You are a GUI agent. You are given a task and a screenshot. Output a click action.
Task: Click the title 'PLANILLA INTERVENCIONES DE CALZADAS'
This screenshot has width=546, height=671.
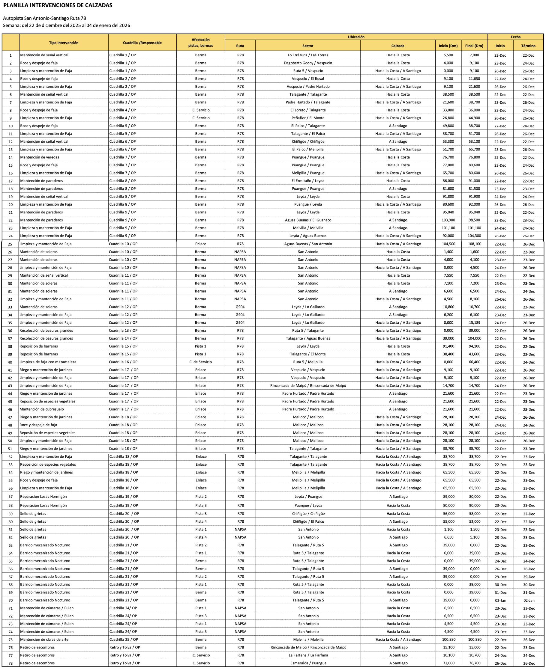coord(58,5)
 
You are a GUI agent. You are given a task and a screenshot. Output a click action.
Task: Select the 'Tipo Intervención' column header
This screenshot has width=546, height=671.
coord(64,43)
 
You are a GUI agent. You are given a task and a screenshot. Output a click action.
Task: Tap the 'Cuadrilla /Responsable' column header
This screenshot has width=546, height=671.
coord(142,43)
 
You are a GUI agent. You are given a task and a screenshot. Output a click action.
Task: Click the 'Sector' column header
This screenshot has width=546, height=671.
coord(307,46)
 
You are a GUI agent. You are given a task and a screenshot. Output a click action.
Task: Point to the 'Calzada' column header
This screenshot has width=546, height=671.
coord(397,46)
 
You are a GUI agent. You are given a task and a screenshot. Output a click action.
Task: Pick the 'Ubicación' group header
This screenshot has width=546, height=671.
coord(356,37)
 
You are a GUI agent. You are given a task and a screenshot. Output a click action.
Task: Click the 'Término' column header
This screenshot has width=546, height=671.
coord(528,46)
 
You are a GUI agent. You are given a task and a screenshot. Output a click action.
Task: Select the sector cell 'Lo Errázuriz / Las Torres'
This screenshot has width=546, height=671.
coord(307,55)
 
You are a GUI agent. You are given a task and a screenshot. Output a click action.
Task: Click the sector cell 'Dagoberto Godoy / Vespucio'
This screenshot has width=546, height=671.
coord(307,63)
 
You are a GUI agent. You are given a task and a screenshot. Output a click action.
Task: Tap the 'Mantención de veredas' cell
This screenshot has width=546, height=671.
coord(40,157)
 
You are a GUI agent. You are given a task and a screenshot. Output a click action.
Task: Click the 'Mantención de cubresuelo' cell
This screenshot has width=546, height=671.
coord(41,409)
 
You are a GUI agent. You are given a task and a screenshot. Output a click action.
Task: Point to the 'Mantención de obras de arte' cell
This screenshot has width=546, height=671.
coord(44,639)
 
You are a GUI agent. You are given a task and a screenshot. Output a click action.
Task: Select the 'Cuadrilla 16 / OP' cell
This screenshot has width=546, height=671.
coord(123,362)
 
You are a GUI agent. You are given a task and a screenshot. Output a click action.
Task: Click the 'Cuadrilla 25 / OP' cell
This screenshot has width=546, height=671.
coord(124,639)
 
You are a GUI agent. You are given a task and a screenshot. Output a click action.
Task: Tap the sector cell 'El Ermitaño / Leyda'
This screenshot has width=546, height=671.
coord(307,181)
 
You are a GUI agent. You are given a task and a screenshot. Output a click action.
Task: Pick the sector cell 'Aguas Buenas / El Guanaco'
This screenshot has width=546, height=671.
coord(307,220)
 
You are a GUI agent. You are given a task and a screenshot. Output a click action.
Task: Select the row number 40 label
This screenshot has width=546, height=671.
coord(10,362)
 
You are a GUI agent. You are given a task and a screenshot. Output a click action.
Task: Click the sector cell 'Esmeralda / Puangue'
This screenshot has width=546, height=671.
coord(308,663)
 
